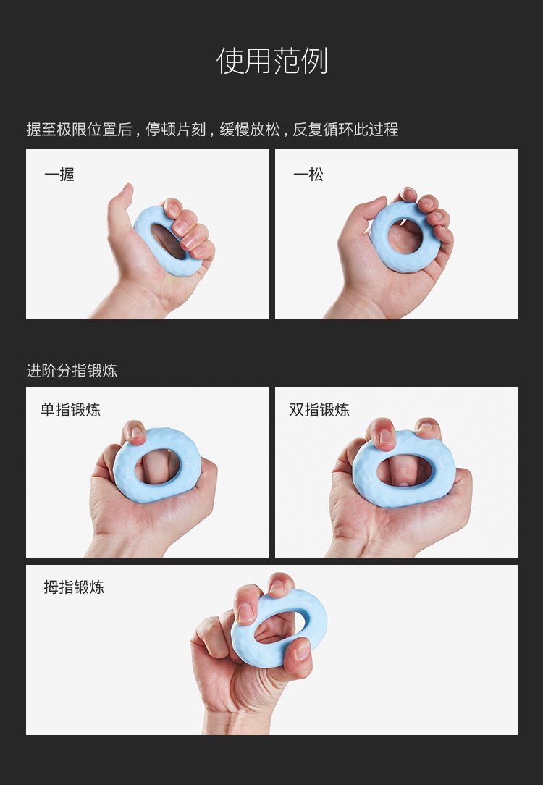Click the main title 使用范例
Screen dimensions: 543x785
click(271, 61)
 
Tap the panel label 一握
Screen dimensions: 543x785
click(59, 175)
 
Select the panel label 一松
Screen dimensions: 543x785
click(308, 175)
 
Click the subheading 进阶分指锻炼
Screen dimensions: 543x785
click(72, 371)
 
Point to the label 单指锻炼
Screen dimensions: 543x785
click(70, 410)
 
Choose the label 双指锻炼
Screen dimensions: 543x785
click(319, 410)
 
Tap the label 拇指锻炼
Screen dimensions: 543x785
click(74, 587)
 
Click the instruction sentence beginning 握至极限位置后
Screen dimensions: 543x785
click(212, 130)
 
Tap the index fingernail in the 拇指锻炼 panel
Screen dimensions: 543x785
click(245, 612)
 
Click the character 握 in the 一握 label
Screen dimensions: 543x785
click(67, 175)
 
